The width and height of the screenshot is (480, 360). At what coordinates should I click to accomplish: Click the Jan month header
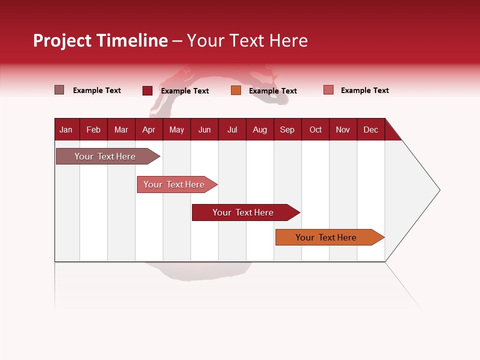click(x=66, y=129)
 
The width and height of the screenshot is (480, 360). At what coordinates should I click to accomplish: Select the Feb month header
click(x=93, y=129)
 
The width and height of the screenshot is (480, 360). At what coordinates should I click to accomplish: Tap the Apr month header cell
click(x=149, y=129)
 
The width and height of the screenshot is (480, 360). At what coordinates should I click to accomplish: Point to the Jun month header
click(x=204, y=129)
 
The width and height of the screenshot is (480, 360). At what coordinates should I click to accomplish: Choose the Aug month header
click(x=260, y=129)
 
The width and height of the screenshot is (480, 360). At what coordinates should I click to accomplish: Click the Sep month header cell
click(x=287, y=129)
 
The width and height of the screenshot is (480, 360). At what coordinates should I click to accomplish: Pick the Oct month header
click(x=315, y=129)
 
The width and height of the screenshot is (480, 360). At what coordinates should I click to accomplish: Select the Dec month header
click(x=371, y=129)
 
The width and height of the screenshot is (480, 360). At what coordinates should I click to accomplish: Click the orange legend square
click(x=236, y=90)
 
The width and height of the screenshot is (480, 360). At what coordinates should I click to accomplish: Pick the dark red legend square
click(x=147, y=90)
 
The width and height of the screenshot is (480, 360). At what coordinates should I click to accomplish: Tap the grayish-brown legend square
click(x=59, y=90)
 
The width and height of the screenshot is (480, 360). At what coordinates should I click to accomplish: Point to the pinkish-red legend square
click(x=328, y=90)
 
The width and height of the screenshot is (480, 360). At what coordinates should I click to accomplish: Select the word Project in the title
click(x=62, y=40)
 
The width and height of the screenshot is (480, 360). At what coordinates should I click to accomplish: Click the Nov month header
click(x=343, y=129)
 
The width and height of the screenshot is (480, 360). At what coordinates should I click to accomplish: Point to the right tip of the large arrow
click(x=438, y=190)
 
